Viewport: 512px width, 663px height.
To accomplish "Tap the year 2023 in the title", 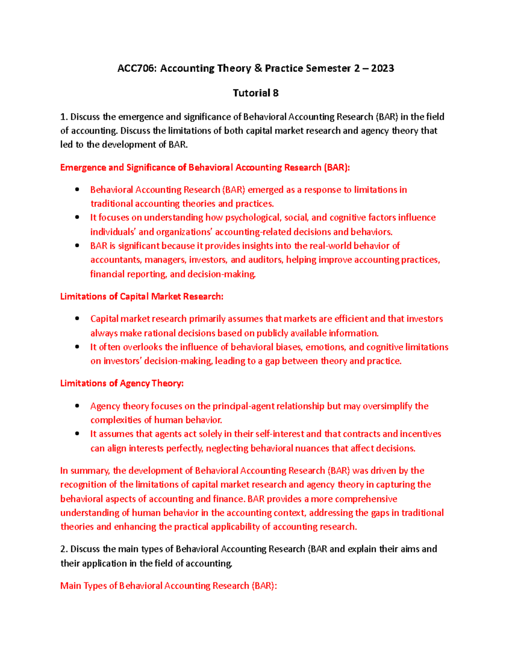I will point(382,68).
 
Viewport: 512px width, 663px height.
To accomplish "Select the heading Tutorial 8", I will point(256,93).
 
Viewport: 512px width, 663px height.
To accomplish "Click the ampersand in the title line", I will point(258,68).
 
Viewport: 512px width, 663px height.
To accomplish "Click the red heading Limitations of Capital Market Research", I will point(142,296).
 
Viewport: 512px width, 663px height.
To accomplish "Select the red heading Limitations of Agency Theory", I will point(122,383).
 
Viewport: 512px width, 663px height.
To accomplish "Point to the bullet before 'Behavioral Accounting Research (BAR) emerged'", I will point(77,190).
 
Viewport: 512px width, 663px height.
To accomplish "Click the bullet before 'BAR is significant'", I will point(77,245).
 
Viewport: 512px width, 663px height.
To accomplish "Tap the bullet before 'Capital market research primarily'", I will point(77,318).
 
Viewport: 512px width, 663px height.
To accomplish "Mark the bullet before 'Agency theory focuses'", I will point(77,406).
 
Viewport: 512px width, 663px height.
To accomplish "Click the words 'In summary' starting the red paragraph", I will point(85,471).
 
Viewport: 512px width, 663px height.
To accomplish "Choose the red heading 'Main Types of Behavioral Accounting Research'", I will point(168,586).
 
